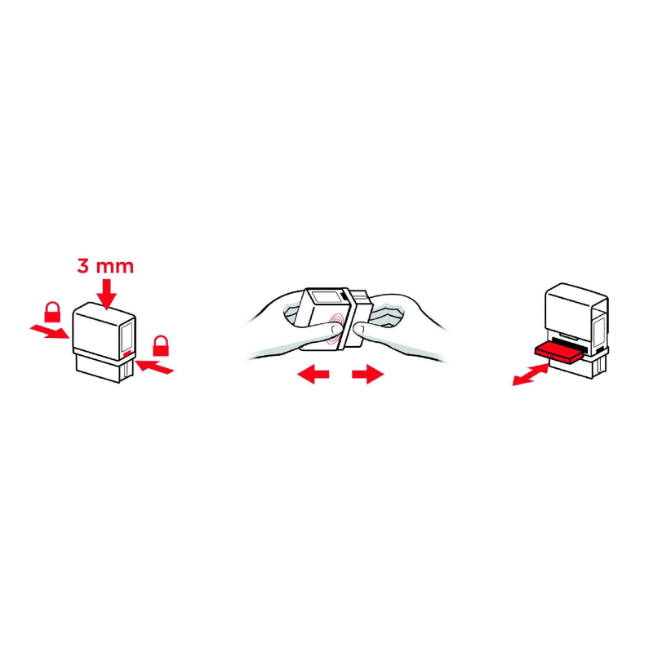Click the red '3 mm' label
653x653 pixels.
click(x=105, y=266)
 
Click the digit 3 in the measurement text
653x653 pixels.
click(x=83, y=266)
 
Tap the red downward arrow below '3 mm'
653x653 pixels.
click(x=107, y=294)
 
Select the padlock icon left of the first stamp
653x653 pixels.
click(x=52, y=312)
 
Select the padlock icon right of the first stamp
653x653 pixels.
click(x=161, y=345)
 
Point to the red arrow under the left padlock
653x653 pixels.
click(x=50, y=332)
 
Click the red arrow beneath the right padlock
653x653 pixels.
click(x=154, y=366)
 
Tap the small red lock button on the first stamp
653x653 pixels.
click(x=127, y=354)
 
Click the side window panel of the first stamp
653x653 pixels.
click(x=127, y=336)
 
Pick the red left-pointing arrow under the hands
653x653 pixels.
click(x=313, y=374)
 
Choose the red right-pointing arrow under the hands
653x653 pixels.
click(x=368, y=374)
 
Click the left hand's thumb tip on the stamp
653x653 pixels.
click(x=335, y=330)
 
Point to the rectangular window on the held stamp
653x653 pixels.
click(x=326, y=298)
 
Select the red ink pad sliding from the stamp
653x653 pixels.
click(x=558, y=352)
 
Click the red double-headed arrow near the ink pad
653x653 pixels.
click(x=531, y=374)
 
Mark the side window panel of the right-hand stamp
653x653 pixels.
click(x=599, y=332)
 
